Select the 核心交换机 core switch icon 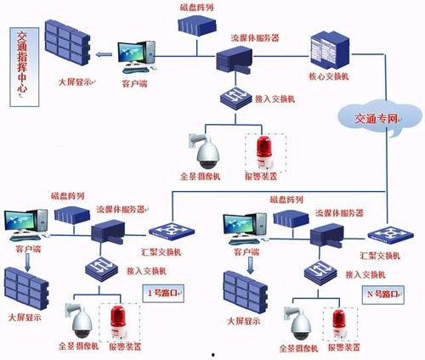[328, 50]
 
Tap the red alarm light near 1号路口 [117, 322]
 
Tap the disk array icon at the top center [199, 24]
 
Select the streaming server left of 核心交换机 [237, 58]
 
